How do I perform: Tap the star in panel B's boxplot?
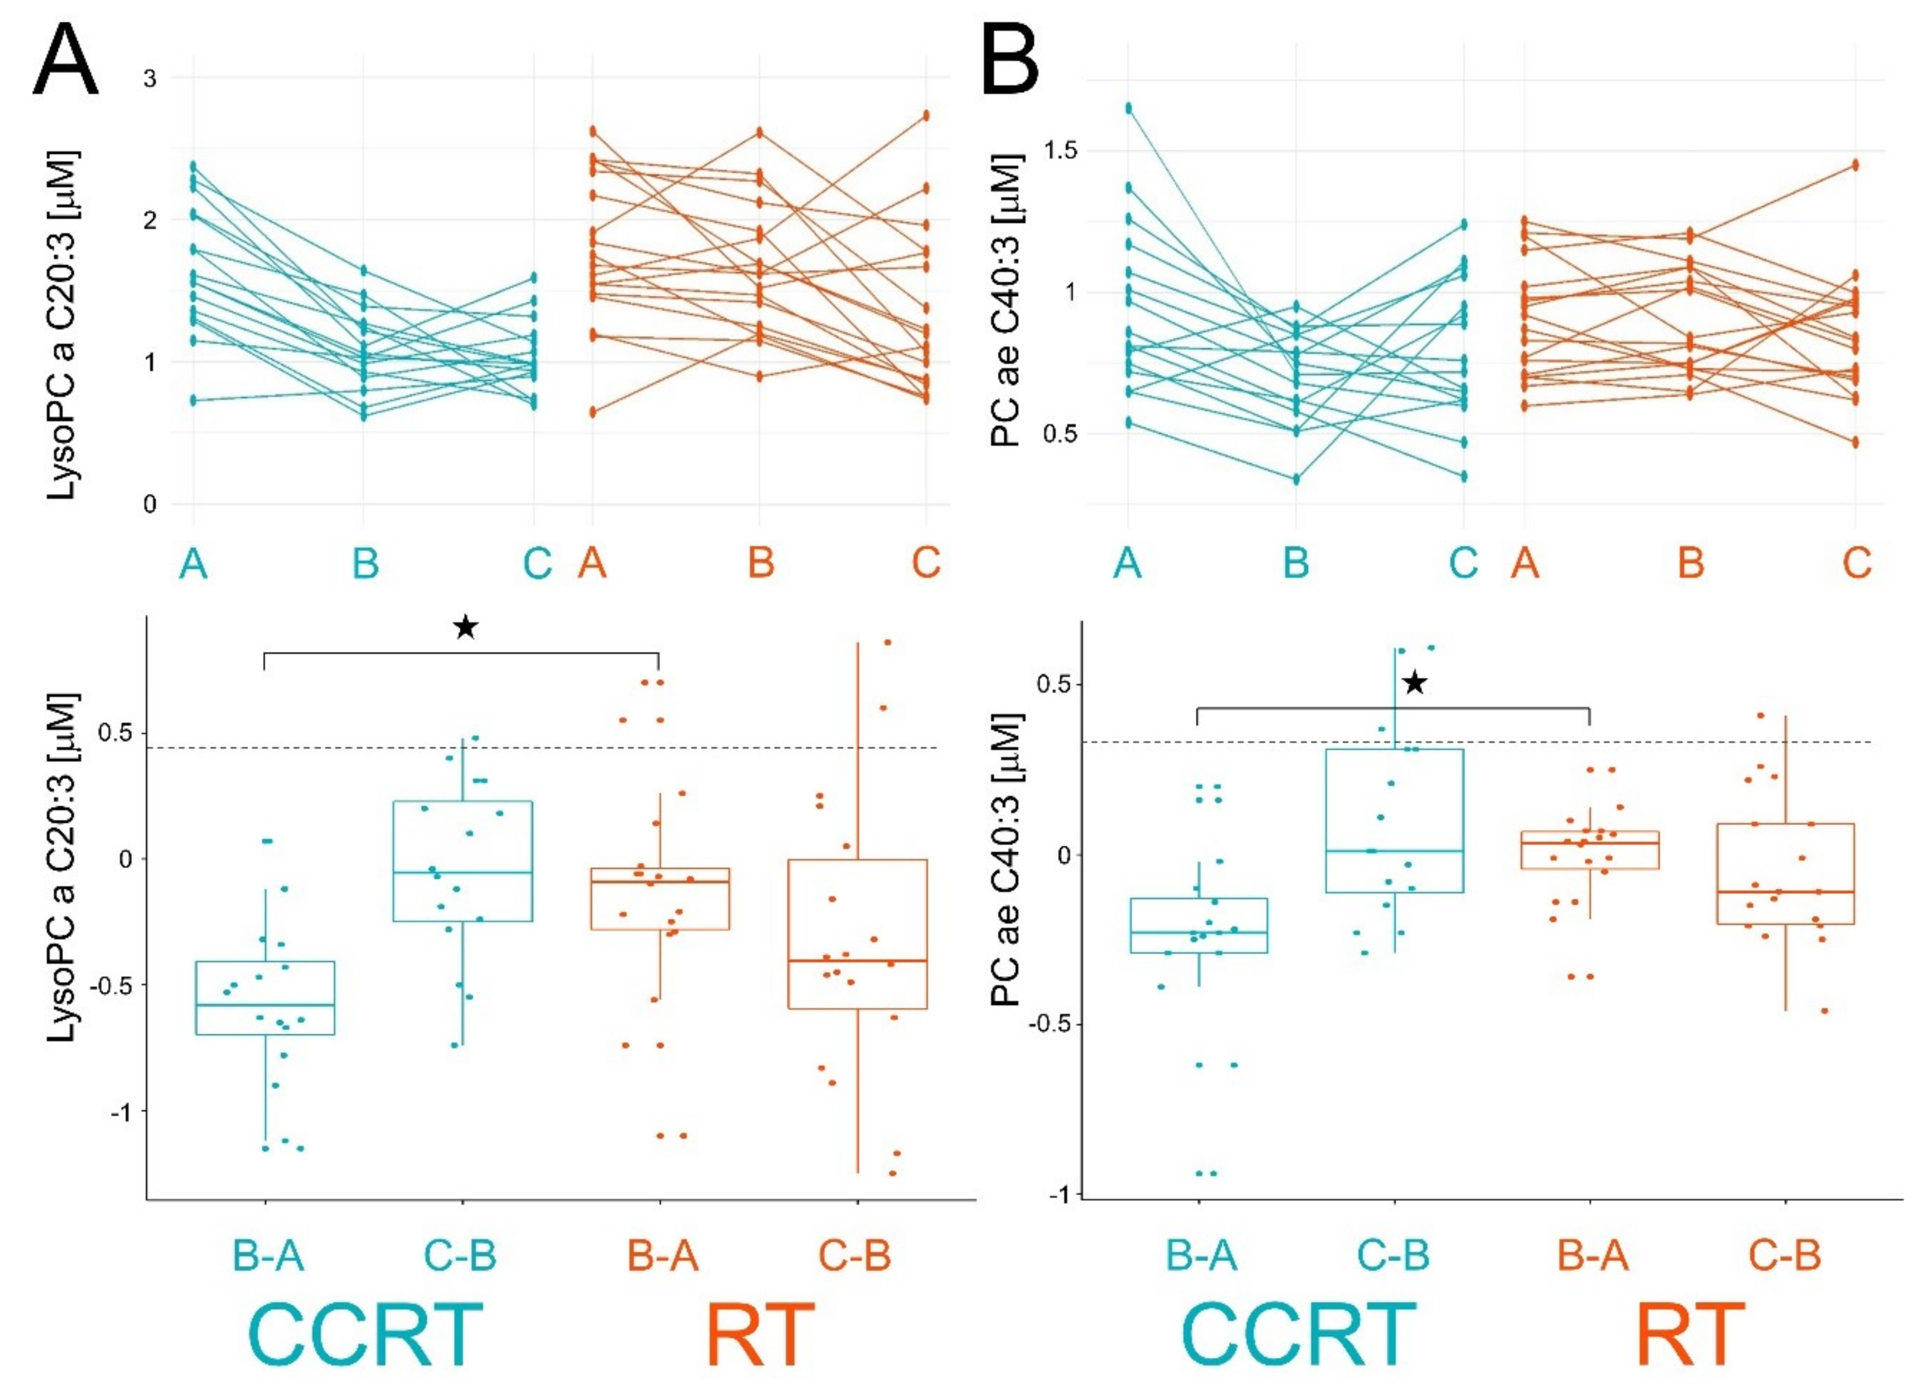1414,682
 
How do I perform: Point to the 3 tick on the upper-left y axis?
150,78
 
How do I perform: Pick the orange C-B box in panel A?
857,933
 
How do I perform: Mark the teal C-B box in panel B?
1395,821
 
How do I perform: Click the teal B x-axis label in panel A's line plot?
365,563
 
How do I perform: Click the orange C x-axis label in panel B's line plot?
1857,563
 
